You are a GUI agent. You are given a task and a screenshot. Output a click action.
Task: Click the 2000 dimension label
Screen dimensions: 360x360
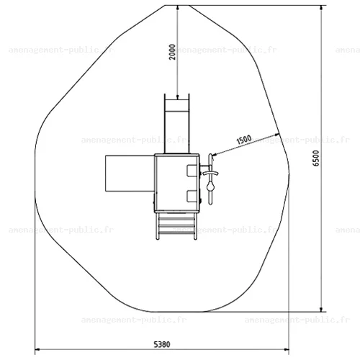coord(172,52)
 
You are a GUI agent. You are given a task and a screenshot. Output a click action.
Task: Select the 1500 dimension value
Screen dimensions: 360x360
coord(244,140)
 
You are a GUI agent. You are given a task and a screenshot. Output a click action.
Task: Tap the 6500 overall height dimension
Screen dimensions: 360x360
coord(316,158)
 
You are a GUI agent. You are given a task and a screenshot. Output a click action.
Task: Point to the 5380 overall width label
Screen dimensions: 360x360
coord(162,344)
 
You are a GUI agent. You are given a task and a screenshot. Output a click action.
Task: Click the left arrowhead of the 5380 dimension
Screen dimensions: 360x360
coord(37,349)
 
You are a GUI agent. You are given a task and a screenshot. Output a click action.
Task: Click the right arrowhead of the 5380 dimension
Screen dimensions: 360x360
coord(287,349)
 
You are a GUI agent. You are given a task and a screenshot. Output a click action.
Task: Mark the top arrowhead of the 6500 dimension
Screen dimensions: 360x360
coord(321,8)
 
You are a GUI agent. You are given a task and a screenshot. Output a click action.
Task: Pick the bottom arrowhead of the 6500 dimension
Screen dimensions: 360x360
coord(321,310)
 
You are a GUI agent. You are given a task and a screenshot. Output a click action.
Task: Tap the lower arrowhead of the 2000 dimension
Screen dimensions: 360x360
coord(177,97)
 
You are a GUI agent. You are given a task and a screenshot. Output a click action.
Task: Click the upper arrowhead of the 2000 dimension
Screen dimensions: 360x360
coord(177,8)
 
